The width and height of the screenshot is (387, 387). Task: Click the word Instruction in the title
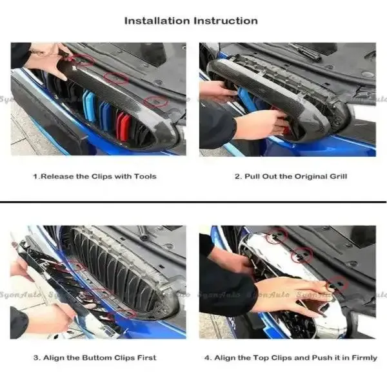pos(226,21)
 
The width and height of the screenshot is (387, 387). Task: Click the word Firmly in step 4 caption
pos(364,358)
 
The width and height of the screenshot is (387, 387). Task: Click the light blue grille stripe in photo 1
pos(89,106)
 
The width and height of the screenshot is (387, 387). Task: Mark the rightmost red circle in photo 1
pos(156,101)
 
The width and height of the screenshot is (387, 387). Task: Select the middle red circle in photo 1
pos(116,78)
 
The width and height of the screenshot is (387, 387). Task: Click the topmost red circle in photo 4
pos(277,236)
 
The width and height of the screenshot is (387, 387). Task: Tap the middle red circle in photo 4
pos(302,255)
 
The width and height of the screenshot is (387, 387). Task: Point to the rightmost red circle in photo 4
pos(337,284)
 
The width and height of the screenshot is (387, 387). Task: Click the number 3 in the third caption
pos(36,358)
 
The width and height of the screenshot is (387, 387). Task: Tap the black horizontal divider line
pos(193,202)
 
